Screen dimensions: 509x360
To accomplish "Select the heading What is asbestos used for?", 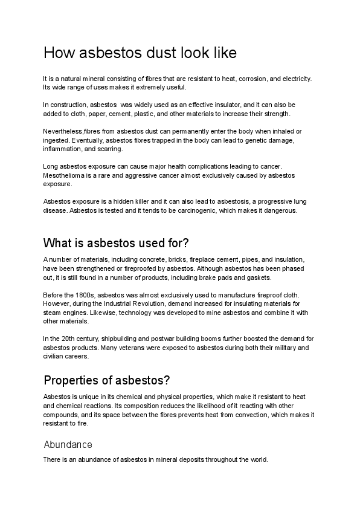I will click(117, 243).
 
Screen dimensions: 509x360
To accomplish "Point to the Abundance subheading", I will click(68, 444).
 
